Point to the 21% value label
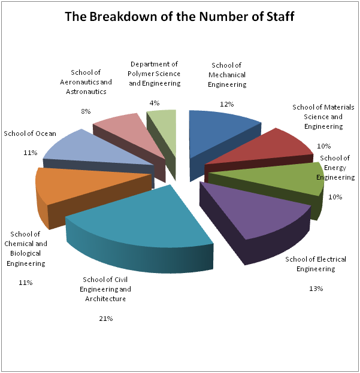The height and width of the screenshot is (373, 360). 106,319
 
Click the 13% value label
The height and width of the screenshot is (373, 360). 316,289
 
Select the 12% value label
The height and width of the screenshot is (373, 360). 227,104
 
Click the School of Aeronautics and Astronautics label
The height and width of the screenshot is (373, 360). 87,82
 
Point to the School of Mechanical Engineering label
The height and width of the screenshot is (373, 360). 227,75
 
